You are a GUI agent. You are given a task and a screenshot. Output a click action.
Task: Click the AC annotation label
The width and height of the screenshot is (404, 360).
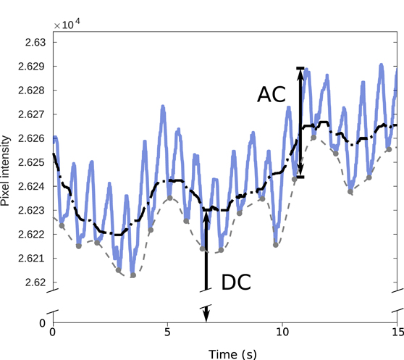[272, 94]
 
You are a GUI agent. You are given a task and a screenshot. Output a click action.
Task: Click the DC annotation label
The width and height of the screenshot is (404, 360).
[235, 282]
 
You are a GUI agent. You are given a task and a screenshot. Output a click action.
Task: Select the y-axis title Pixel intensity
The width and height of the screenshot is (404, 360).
[7, 169]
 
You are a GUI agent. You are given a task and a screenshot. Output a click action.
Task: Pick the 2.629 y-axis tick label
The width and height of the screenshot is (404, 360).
[31, 67]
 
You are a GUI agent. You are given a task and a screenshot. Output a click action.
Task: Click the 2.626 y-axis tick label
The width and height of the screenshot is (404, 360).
[31, 138]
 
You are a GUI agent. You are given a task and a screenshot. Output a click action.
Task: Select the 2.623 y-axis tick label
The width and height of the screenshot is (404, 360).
[31, 210]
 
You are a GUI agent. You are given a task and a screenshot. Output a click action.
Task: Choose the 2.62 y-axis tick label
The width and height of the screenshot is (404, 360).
[35, 282]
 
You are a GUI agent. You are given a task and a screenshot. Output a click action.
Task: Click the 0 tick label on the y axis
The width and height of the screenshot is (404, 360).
[43, 322]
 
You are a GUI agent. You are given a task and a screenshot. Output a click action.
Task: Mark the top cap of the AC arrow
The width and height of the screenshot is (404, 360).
[300, 68]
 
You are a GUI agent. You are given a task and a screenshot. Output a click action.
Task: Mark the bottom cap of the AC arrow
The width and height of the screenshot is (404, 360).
[300, 177]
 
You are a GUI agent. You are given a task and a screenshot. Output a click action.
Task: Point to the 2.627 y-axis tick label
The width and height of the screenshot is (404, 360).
[31, 114]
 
